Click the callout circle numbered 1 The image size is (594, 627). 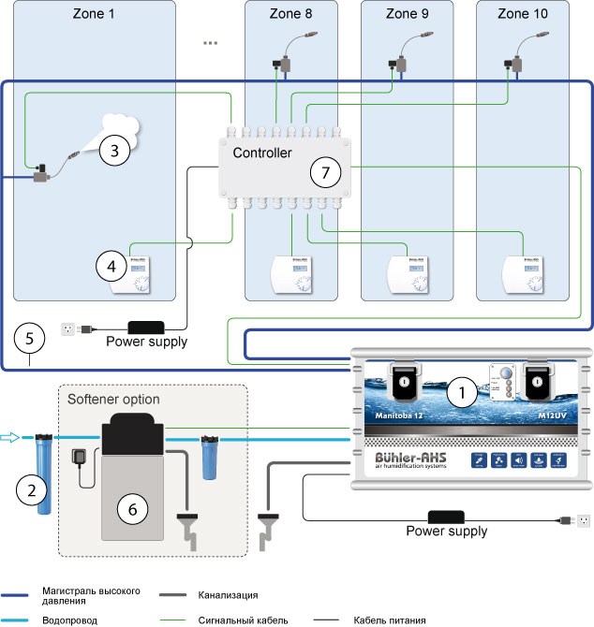[x=460, y=394]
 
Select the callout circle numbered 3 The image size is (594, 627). [x=114, y=149]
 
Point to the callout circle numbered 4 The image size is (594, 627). [x=111, y=266]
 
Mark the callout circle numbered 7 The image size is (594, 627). [x=325, y=171]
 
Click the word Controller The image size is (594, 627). [x=262, y=153]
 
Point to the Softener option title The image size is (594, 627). [x=113, y=400]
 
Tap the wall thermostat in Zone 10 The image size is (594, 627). [x=521, y=273]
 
